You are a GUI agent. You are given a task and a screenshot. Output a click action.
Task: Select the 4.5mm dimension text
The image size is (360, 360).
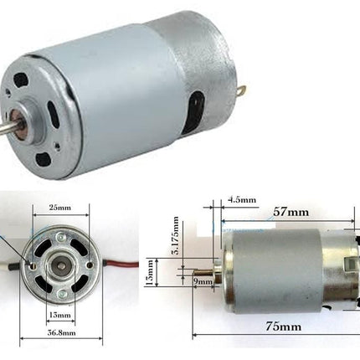coord(242,201)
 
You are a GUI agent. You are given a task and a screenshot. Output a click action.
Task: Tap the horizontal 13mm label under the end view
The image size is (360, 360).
coord(60,315)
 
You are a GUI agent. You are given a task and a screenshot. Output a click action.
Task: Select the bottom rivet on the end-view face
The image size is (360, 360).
coord(60,299)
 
